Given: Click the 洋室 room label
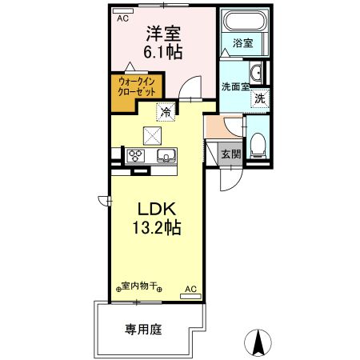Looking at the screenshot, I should point(162,34).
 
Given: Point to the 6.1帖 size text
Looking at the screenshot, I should point(162,54).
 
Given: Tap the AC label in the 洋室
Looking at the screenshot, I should point(122,17).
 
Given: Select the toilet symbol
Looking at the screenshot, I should point(258,145).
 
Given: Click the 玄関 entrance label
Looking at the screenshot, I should point(230,154).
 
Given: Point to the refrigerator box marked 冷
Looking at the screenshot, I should point(166,113).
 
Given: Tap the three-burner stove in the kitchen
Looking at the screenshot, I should point(134,155).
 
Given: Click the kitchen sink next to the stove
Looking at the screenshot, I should point(166,155).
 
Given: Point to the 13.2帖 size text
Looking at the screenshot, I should point(156,227).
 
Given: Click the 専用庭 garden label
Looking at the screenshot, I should point(142,327).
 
